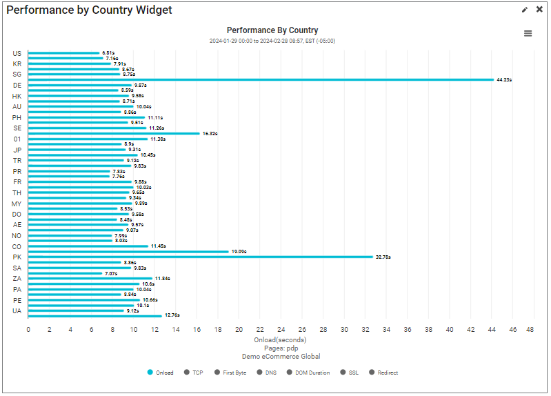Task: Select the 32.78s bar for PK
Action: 200,257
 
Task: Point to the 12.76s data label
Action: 172,315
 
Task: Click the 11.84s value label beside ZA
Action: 162,279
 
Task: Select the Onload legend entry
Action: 161,373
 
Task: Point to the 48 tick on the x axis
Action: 530,330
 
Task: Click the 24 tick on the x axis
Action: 281,330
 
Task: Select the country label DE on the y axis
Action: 17,86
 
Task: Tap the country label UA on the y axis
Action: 17,311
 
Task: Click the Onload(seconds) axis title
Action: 279,339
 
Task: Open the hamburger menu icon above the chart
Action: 528,33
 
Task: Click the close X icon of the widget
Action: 539,10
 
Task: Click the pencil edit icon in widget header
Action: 525,10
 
